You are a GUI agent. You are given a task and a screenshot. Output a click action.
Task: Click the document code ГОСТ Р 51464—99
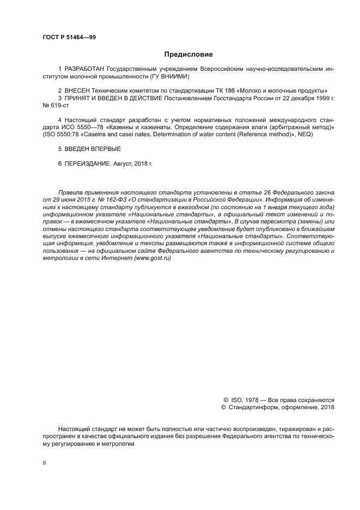coord(69,37)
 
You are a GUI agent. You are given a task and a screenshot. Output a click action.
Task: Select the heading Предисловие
coord(188,54)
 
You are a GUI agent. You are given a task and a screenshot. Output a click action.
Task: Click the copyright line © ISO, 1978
coord(241,399)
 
